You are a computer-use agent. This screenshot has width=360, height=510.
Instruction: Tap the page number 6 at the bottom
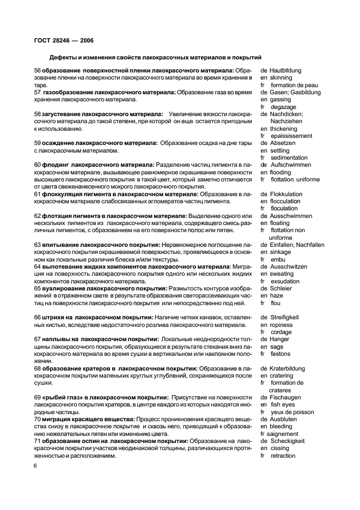(x=35, y=466)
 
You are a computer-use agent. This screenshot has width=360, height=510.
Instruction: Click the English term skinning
(x=281, y=78)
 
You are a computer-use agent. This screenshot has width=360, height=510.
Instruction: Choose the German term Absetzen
(x=282, y=143)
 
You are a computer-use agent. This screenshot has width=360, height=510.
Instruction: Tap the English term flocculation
(x=285, y=201)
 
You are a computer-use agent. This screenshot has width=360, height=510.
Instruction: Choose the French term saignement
(x=279, y=434)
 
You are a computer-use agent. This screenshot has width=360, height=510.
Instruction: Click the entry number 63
(x=38, y=245)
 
